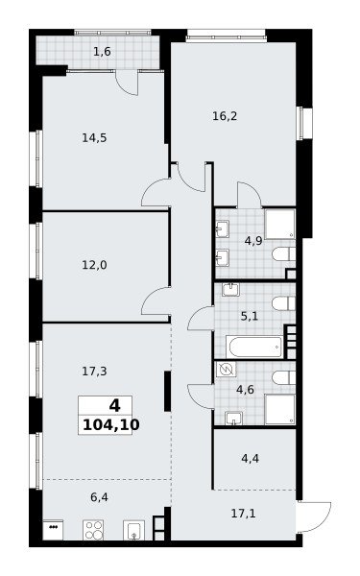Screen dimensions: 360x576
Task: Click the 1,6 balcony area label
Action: click(102, 52)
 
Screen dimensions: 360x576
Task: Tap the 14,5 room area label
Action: click(94, 138)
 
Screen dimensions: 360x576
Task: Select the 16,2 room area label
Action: click(225, 116)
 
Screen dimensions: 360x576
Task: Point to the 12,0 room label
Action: click(94, 265)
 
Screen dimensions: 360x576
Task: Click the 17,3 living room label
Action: click(94, 372)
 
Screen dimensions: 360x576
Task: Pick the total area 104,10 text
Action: click(111, 425)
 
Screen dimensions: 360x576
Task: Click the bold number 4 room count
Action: click(114, 406)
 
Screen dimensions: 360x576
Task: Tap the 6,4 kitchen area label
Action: click(99, 497)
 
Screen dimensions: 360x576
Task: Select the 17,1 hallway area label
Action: click(243, 514)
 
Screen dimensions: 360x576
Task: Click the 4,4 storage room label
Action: click(251, 459)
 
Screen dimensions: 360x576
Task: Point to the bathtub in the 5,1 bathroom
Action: click(254, 347)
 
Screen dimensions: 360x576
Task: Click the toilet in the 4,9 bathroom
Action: click(284, 253)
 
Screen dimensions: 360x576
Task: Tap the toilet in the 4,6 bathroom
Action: click(284, 377)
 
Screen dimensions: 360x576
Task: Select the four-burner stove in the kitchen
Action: click(93, 530)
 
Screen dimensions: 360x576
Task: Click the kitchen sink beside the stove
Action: click(133, 530)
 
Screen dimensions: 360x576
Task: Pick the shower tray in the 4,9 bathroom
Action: click(280, 225)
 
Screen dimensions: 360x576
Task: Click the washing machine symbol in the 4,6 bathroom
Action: click(226, 370)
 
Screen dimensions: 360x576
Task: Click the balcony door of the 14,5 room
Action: click(127, 83)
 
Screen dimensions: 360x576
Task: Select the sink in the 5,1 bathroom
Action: click(230, 290)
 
